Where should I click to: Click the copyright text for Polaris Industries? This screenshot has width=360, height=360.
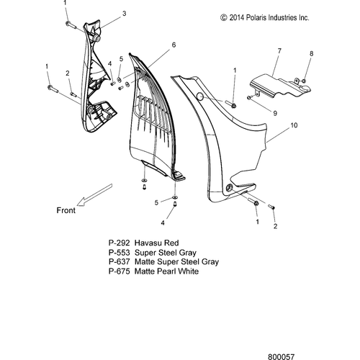pos(265,18)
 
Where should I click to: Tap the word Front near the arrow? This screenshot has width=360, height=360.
pos(66,210)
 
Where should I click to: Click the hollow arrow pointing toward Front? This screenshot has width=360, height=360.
pos(96,195)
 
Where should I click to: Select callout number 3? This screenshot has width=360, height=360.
pos(124,14)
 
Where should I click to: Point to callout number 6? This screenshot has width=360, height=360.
pos(174,45)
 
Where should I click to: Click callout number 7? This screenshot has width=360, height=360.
pos(279,51)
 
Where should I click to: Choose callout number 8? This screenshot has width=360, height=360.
pos(312,53)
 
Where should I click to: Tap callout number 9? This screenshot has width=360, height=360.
pos(275,113)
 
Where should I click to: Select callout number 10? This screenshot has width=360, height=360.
pos(294,125)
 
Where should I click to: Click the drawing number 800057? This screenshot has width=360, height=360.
pos(281,357)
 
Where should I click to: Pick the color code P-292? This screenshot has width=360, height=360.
pos(119,243)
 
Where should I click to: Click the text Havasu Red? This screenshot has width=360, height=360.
pos(157,243)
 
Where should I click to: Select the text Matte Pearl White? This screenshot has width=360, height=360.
pos(166,271)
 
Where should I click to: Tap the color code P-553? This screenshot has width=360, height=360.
pos(119,253)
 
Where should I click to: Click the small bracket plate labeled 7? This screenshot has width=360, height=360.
pos(281,86)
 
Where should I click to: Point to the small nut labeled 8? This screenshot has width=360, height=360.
pos(304,81)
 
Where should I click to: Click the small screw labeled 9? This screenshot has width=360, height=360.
pos(249,97)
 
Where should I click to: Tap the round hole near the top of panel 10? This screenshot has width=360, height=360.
pos(200,96)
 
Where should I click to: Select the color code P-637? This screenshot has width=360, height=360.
pos(119,261)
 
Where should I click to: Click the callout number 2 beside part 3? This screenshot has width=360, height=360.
pos(68,73)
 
